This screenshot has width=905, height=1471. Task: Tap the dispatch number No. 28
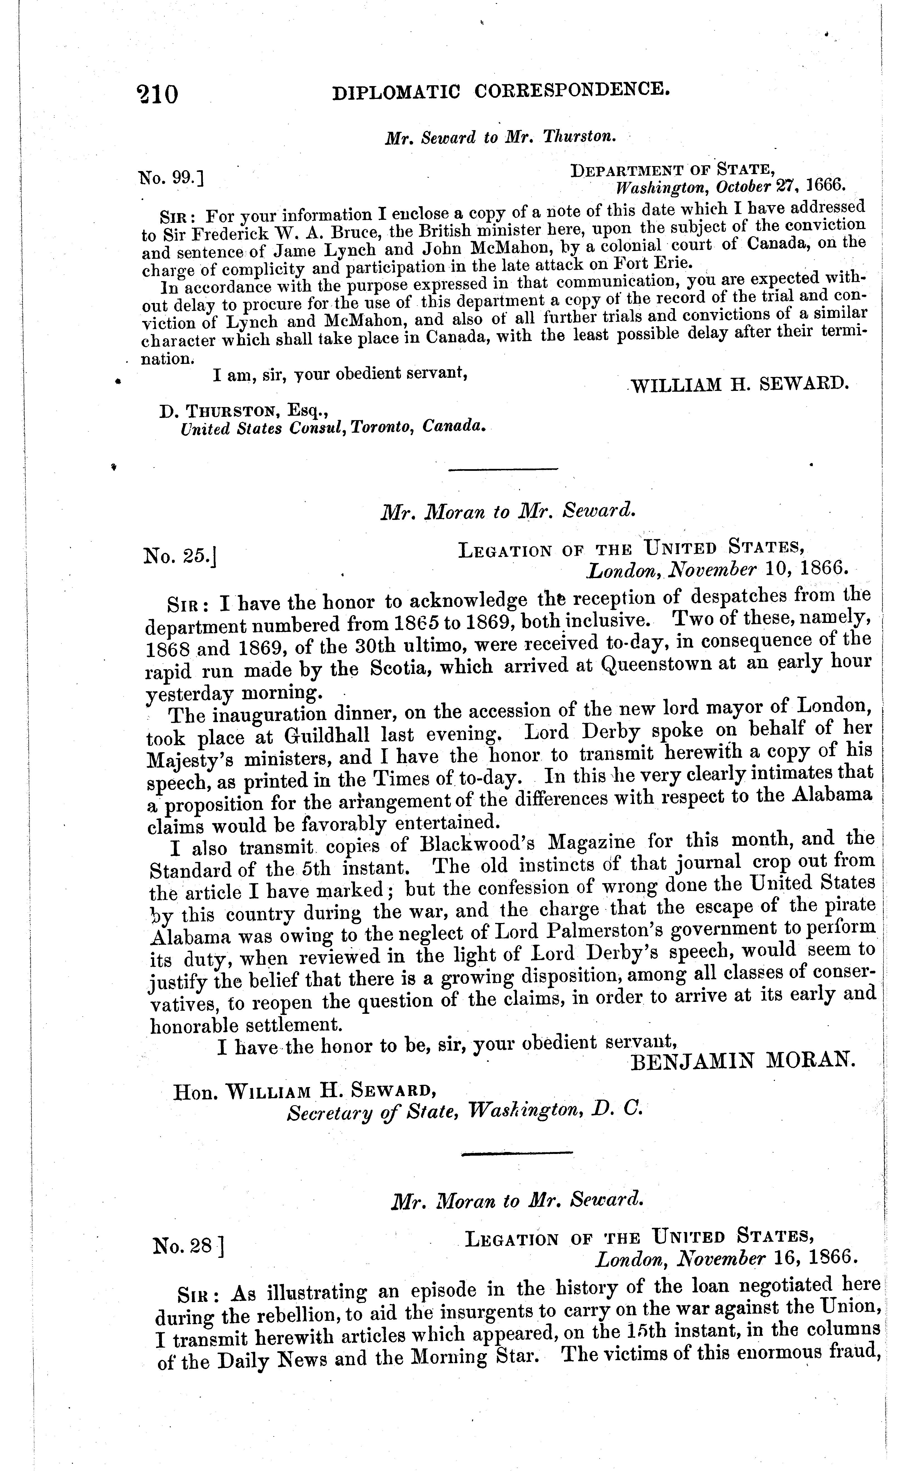[187, 1246]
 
